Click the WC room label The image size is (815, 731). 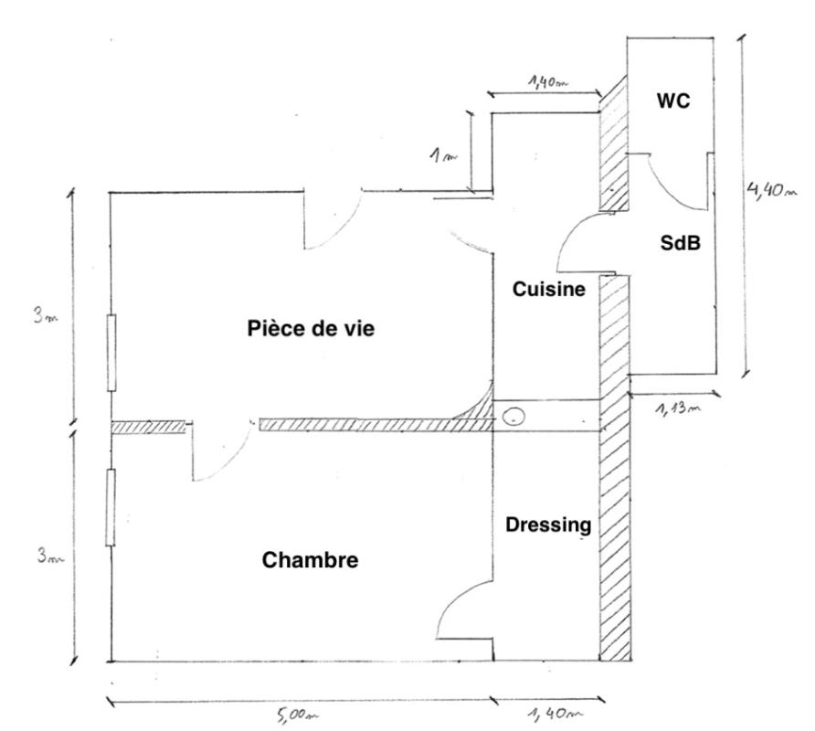pyautogui.click(x=673, y=101)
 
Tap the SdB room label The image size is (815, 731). pyautogui.click(x=681, y=243)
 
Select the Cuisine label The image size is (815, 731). pyautogui.click(x=549, y=289)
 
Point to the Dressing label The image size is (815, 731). pyautogui.click(x=548, y=525)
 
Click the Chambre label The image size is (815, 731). pyautogui.click(x=311, y=560)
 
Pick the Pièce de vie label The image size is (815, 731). pyautogui.click(x=311, y=329)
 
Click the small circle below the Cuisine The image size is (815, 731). pyautogui.click(x=514, y=417)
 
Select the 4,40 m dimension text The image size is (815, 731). pyautogui.click(x=771, y=190)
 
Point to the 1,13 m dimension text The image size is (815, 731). pyautogui.click(x=678, y=408)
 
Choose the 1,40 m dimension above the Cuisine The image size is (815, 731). pyautogui.click(x=548, y=81)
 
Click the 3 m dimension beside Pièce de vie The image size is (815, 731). pyautogui.click(x=46, y=315)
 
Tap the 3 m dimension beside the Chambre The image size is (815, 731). pyautogui.click(x=50, y=556)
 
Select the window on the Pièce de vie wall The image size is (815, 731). pyautogui.click(x=111, y=353)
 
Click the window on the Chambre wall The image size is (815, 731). pyautogui.click(x=111, y=507)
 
